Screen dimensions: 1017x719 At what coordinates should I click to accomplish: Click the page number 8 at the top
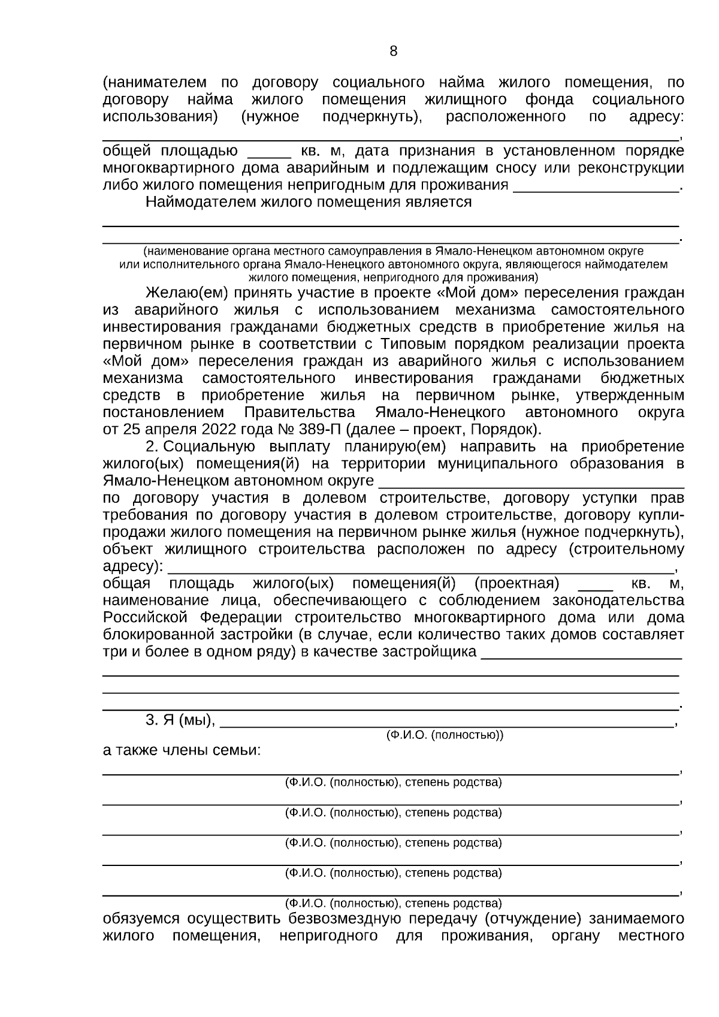pyautogui.click(x=393, y=52)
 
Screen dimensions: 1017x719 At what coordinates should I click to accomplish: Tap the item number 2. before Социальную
pyautogui.click(x=152, y=447)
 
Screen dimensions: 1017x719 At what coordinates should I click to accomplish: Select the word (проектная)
pyautogui.click(x=516, y=584)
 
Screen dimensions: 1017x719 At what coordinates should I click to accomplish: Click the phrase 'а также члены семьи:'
pyautogui.click(x=182, y=751)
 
